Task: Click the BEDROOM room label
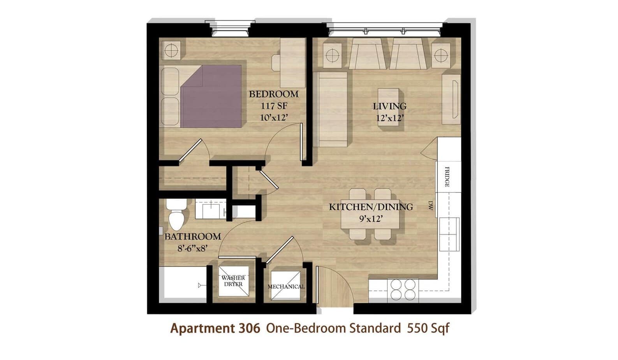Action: pyautogui.click(x=274, y=94)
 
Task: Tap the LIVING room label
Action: pyautogui.click(x=389, y=106)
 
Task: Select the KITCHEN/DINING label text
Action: pyautogui.click(x=371, y=207)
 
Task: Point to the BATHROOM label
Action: pyautogui.click(x=193, y=236)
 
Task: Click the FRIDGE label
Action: pyautogui.click(x=447, y=176)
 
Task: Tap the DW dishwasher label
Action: pyautogui.click(x=430, y=205)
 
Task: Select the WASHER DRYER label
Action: pyautogui.click(x=233, y=281)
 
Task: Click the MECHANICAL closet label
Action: pyautogui.click(x=286, y=287)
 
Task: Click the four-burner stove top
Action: pyautogui.click(x=403, y=290)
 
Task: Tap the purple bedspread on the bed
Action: pyautogui.click(x=211, y=96)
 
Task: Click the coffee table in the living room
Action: pyautogui.click(x=389, y=107)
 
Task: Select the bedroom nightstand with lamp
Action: pyautogui.click(x=171, y=50)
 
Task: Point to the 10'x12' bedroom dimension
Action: pyautogui.click(x=274, y=118)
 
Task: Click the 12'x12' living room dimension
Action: pyautogui.click(x=390, y=118)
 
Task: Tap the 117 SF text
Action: pyautogui.click(x=274, y=106)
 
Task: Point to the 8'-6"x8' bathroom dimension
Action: pyautogui.click(x=193, y=249)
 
